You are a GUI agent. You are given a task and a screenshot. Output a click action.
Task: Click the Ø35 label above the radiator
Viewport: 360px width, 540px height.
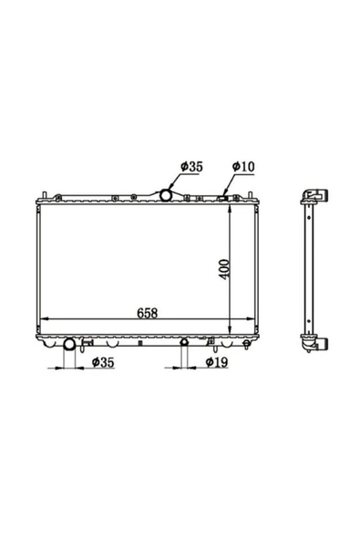(191, 167)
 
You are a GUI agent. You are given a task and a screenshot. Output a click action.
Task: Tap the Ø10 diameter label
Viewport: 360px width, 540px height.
(243, 167)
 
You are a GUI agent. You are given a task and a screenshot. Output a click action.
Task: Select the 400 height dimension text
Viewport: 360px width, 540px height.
(224, 269)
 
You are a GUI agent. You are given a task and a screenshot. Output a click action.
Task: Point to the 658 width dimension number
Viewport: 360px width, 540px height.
(148, 313)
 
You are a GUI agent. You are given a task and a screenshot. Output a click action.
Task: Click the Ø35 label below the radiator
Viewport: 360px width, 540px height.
(103, 362)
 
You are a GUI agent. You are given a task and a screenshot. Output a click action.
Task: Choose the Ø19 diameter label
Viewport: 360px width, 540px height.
(217, 362)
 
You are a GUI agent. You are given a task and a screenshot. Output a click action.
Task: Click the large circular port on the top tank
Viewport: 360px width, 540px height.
(166, 195)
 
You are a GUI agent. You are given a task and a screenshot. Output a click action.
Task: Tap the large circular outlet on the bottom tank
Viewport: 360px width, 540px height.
(69, 344)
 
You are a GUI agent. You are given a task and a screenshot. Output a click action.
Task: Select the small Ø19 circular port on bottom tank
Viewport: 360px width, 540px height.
(184, 342)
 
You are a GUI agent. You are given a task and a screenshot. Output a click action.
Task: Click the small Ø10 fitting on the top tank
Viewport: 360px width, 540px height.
(222, 198)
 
